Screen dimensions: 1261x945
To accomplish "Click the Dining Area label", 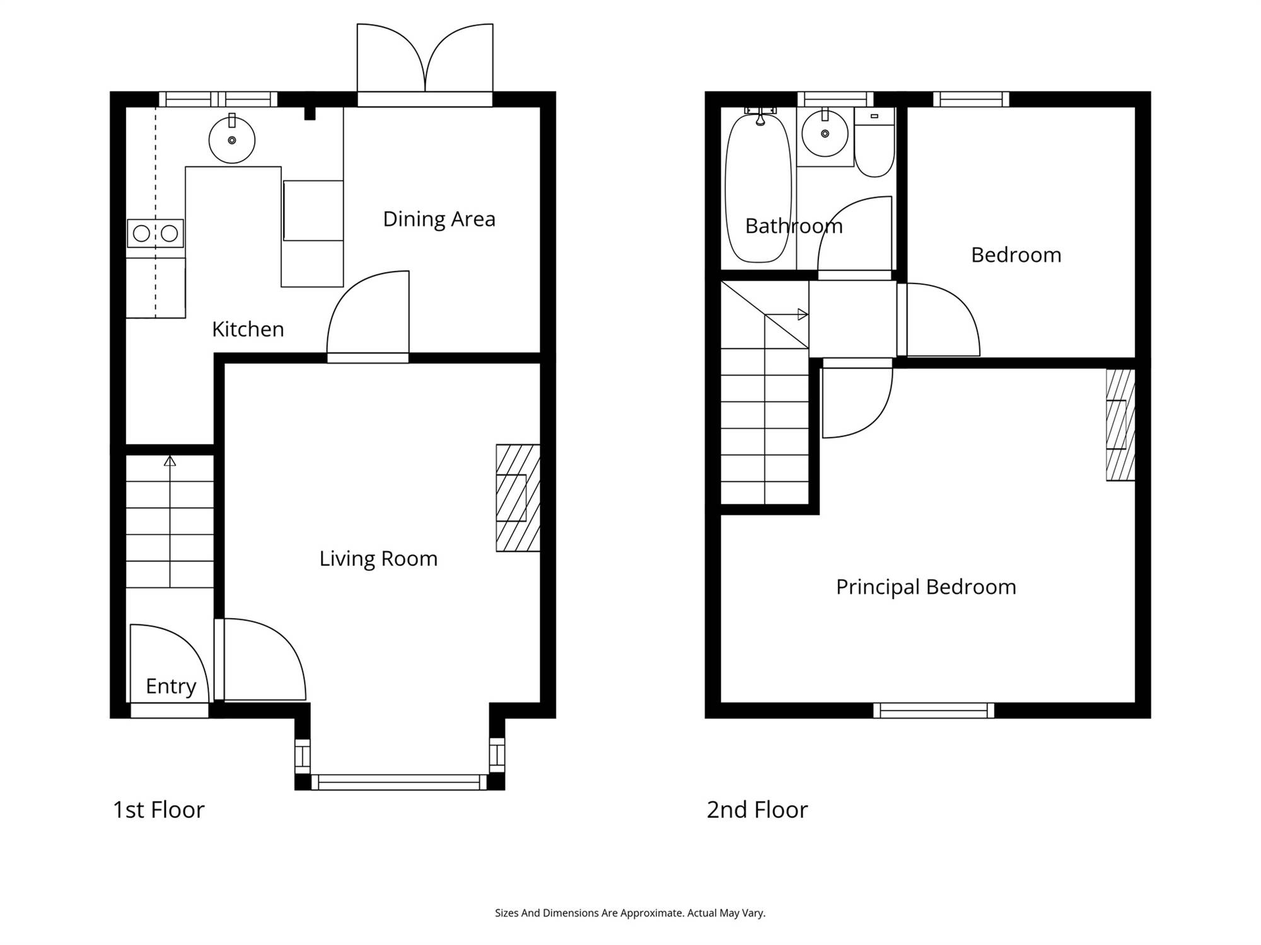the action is (439, 219).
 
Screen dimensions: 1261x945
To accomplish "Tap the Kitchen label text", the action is (248, 329).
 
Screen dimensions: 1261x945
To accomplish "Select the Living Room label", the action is (378, 558).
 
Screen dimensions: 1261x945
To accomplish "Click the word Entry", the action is (171, 686).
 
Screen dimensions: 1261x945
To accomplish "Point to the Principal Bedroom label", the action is (926, 587).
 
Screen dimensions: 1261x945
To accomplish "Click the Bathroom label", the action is (794, 226).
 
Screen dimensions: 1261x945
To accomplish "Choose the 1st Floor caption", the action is (159, 810).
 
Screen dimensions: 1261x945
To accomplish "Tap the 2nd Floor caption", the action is (757, 810).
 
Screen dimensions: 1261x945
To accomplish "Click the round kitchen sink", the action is (232, 140).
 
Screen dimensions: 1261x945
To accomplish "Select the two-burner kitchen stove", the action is (155, 233).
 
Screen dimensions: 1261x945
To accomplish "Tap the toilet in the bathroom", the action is (875, 142).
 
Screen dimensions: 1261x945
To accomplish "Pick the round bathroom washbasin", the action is (825, 134).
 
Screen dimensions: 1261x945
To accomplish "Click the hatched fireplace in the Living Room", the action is (518, 498).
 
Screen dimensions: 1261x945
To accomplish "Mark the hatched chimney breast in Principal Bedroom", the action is (1121, 425).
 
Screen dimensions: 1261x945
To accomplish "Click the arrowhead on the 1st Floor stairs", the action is (170, 461).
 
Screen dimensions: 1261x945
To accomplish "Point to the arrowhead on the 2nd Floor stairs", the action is (803, 314).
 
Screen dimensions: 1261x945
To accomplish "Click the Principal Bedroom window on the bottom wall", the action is (934, 711).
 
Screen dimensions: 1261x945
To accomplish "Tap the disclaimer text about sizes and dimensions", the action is (630, 913).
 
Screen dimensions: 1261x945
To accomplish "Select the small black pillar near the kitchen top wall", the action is (310, 113).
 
